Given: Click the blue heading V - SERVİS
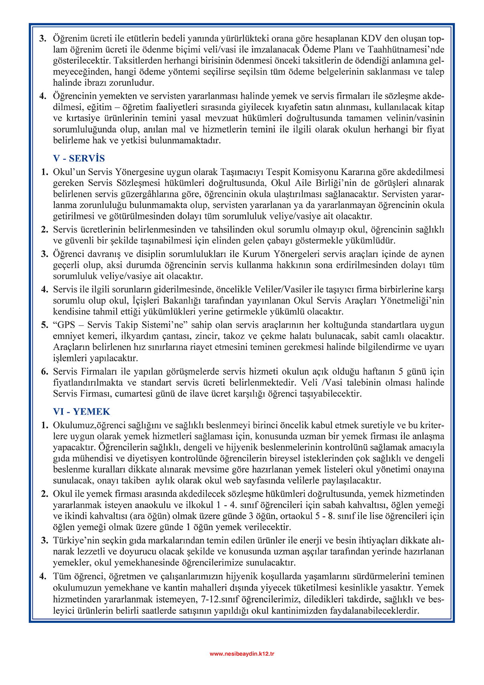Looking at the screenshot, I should (x=79, y=158).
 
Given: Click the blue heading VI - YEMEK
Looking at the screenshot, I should (x=82, y=411).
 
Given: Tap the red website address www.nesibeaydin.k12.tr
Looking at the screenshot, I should (x=242, y=654).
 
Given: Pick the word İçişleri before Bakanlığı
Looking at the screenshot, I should (x=146, y=300).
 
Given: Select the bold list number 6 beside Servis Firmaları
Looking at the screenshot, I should (x=44, y=371).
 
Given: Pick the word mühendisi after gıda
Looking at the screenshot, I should (x=89, y=458).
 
